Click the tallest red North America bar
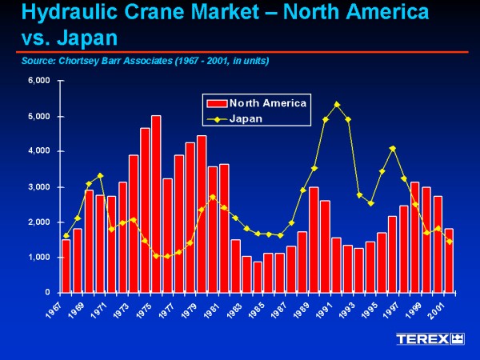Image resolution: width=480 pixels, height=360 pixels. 156,204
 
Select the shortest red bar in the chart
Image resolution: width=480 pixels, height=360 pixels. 257,277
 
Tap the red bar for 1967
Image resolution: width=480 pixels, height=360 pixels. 66,266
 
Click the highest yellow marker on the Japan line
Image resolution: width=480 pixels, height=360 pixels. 337,104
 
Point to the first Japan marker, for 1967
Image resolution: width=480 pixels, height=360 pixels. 66,235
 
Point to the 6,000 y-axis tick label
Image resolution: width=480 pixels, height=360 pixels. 40,81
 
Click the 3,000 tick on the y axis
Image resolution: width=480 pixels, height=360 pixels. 40,186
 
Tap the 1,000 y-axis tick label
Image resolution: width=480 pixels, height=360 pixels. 40,257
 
